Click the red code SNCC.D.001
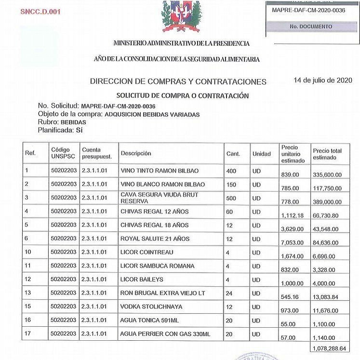40,12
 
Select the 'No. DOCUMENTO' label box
311,27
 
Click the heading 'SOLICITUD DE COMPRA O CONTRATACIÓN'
182,95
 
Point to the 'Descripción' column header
136,154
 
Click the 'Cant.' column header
233,154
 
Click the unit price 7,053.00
293,242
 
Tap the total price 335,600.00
327,175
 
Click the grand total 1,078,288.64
329,348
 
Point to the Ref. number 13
28,293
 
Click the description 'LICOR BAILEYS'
142,280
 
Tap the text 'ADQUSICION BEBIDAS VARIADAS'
151,114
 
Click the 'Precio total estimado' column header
327,154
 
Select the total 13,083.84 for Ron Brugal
327,296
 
